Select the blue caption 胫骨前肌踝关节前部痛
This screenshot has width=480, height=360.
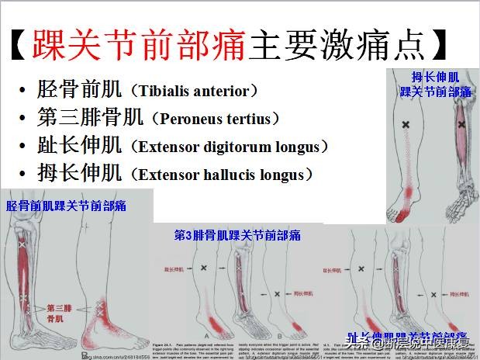67,206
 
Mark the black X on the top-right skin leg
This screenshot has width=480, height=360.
406,125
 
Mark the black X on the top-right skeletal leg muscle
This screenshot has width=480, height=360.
461,123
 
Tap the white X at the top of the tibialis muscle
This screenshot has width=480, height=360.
22,245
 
